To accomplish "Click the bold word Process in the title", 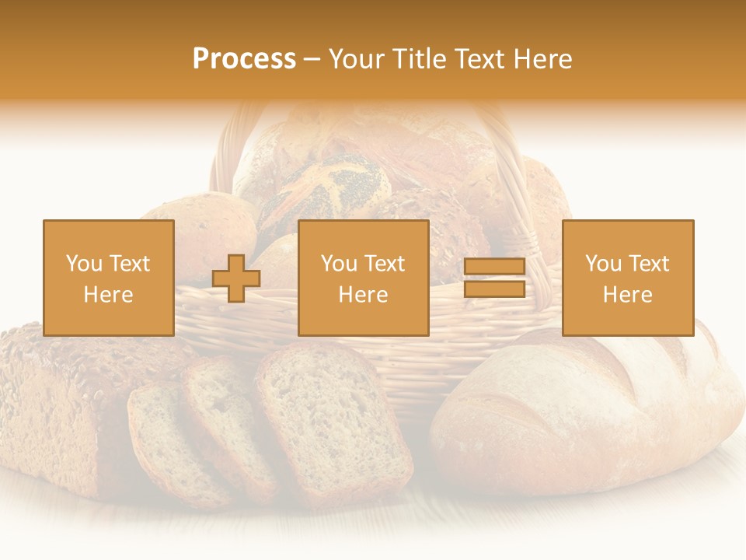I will coord(244,59).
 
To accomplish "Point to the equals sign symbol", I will coord(494,278).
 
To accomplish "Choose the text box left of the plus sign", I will coord(109,278).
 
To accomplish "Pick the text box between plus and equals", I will coord(363,278).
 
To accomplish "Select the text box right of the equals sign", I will coord(628,278).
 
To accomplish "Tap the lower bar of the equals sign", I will coord(494,289).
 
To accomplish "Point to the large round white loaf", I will coord(591,412).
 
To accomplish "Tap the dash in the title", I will coord(312,59).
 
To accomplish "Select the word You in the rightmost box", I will coord(604,264).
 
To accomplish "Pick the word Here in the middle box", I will coord(363,295).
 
